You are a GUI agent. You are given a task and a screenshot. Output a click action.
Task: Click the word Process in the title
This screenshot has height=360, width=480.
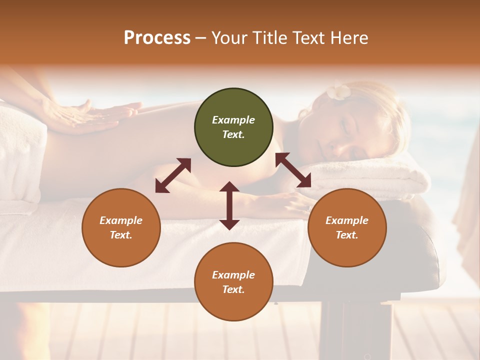pyautogui.click(x=157, y=38)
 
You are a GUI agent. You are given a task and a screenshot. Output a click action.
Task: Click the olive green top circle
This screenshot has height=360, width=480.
pyautogui.click(x=233, y=127)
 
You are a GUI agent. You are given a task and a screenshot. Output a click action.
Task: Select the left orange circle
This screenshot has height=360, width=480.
pyautogui.click(x=121, y=227)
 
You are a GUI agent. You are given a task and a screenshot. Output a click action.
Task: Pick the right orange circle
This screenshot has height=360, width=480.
pyautogui.click(x=347, y=227)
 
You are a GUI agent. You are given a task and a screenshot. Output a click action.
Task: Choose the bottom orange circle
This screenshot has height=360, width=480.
pyautogui.click(x=233, y=282)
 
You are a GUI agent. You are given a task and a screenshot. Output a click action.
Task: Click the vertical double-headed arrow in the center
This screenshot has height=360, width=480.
pyautogui.click(x=229, y=205)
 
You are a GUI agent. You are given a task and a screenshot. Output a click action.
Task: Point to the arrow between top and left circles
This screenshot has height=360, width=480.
pyautogui.click(x=173, y=175)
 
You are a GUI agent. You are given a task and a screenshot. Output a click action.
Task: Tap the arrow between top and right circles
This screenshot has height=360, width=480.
pyautogui.click(x=293, y=170)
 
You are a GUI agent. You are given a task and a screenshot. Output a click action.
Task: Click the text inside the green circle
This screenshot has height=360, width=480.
pyautogui.click(x=233, y=127)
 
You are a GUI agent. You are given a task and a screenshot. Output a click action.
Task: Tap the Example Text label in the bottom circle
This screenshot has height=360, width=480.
pyautogui.click(x=233, y=282)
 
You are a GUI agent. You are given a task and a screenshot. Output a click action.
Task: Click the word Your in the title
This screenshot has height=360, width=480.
pyautogui.click(x=230, y=38)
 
